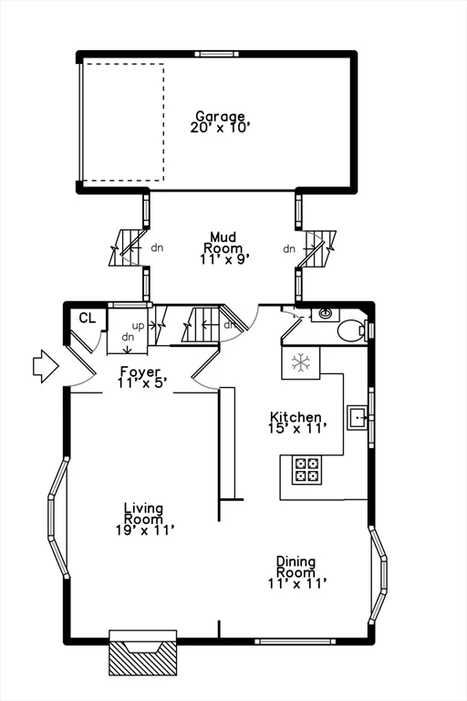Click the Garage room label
click(220, 117)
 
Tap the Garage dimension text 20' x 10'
click(220, 128)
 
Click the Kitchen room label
click(295, 417)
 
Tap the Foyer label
click(140, 372)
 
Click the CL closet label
click(87, 318)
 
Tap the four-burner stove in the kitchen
click(307, 470)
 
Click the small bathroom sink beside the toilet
click(324, 315)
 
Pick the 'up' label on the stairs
click(138, 325)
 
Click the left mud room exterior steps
click(125, 247)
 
